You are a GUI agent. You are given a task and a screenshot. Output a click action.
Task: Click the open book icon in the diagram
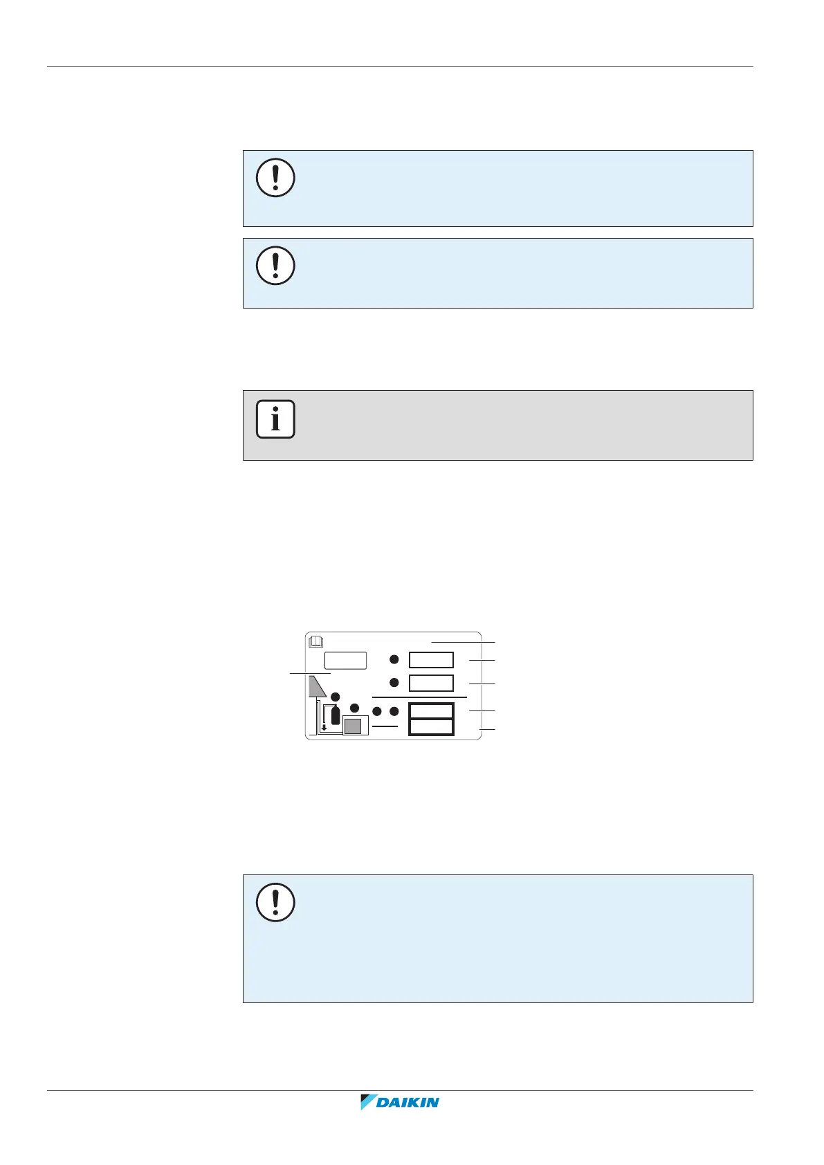(316, 641)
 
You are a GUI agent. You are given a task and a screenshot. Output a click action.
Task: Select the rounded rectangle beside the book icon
(345, 660)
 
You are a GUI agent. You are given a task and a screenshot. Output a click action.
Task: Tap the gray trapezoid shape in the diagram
(316, 686)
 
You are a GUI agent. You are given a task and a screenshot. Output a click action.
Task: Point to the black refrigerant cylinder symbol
(336, 715)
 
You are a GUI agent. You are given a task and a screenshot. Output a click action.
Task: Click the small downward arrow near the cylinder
(324, 728)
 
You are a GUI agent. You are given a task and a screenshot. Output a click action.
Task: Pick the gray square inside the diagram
(353, 726)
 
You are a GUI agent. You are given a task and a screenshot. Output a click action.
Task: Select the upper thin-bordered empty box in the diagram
(431, 660)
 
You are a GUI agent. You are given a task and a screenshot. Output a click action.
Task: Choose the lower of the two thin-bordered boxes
(431, 683)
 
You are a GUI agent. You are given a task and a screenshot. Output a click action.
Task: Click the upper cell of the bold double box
(431, 711)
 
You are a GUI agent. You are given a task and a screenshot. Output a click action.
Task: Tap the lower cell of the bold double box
(431, 726)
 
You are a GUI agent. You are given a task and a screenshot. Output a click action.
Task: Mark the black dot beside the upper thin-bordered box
(394, 660)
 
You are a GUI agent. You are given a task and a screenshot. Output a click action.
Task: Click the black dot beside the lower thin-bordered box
(394, 683)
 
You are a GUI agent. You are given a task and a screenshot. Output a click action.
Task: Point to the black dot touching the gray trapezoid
(336, 696)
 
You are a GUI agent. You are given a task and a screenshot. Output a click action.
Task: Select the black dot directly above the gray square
(354, 708)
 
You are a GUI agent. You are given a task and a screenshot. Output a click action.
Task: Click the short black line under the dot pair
(385, 726)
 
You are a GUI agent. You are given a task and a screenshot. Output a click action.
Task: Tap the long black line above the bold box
(419, 697)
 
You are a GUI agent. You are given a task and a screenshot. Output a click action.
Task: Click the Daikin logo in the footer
(400, 1102)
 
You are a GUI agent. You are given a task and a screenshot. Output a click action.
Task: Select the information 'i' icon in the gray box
(275, 419)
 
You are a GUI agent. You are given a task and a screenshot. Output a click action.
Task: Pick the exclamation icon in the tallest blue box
(275, 903)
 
